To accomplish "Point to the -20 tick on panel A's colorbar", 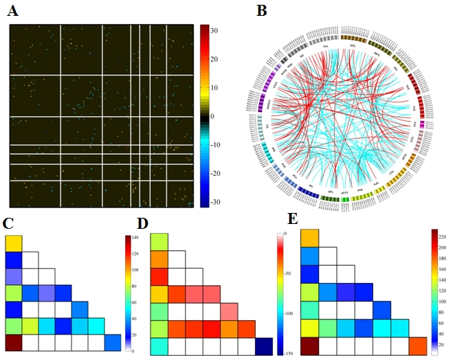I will [217, 174].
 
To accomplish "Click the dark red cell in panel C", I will [14, 342].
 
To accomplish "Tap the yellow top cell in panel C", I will [14, 243].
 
